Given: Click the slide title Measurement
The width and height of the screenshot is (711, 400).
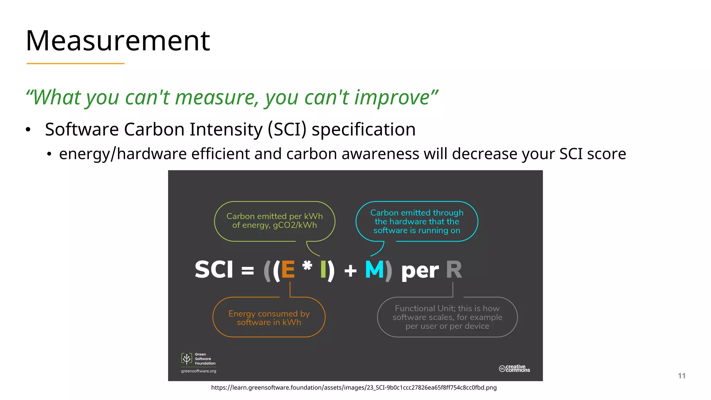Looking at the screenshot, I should pyautogui.click(x=118, y=41).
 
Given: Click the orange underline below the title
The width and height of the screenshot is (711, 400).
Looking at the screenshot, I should pyautogui.click(x=75, y=64).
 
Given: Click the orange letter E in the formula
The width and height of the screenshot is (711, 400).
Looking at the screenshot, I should pyautogui.click(x=288, y=269).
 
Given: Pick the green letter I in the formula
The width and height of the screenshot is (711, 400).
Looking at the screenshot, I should pyautogui.click(x=323, y=269).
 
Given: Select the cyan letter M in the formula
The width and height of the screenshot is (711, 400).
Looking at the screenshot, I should pyautogui.click(x=374, y=269).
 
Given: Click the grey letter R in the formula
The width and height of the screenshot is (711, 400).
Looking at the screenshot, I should pyautogui.click(x=454, y=269).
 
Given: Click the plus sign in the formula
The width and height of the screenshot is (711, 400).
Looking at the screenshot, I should pyautogui.click(x=350, y=270).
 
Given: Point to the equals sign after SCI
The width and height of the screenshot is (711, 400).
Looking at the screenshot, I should pyautogui.click(x=248, y=270).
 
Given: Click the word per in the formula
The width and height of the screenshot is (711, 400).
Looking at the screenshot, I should pyautogui.click(x=420, y=271).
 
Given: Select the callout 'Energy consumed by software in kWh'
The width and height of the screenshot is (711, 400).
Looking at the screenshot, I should pyautogui.click(x=269, y=318).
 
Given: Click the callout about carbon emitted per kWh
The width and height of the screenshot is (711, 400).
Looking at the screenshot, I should pyautogui.click(x=275, y=221).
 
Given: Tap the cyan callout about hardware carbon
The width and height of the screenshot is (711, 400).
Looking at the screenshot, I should pyautogui.click(x=417, y=222).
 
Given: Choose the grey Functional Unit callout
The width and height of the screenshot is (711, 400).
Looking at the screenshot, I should pyautogui.click(x=447, y=317).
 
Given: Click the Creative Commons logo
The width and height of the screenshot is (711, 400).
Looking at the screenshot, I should pyautogui.click(x=514, y=368).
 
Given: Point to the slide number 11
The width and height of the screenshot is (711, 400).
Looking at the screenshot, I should pyautogui.click(x=681, y=376).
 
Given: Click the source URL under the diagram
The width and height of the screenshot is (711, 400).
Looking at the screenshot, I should pyautogui.click(x=354, y=387).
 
